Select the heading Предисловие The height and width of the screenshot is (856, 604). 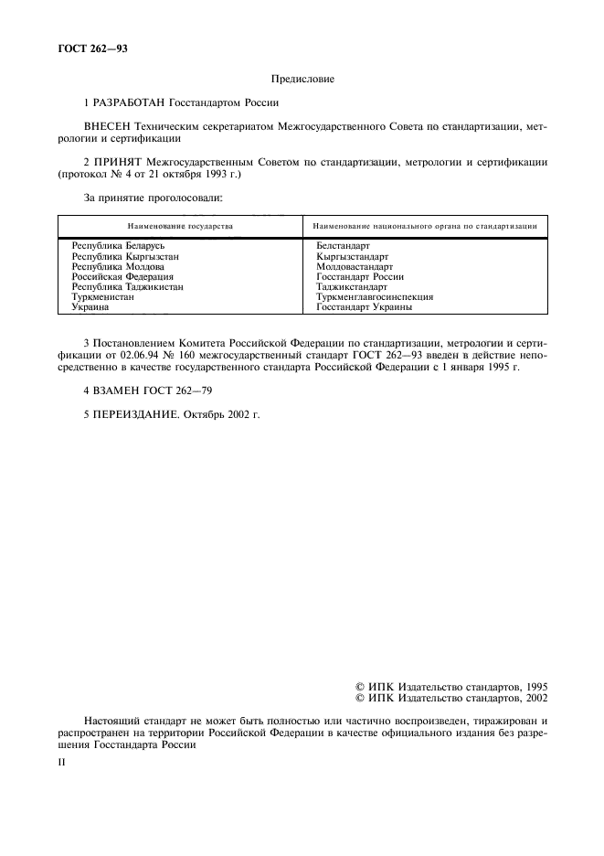tap(302, 80)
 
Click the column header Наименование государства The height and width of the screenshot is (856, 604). tap(180, 225)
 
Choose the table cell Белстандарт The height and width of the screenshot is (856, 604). tap(343, 246)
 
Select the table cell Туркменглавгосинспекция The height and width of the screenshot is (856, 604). tap(375, 296)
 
